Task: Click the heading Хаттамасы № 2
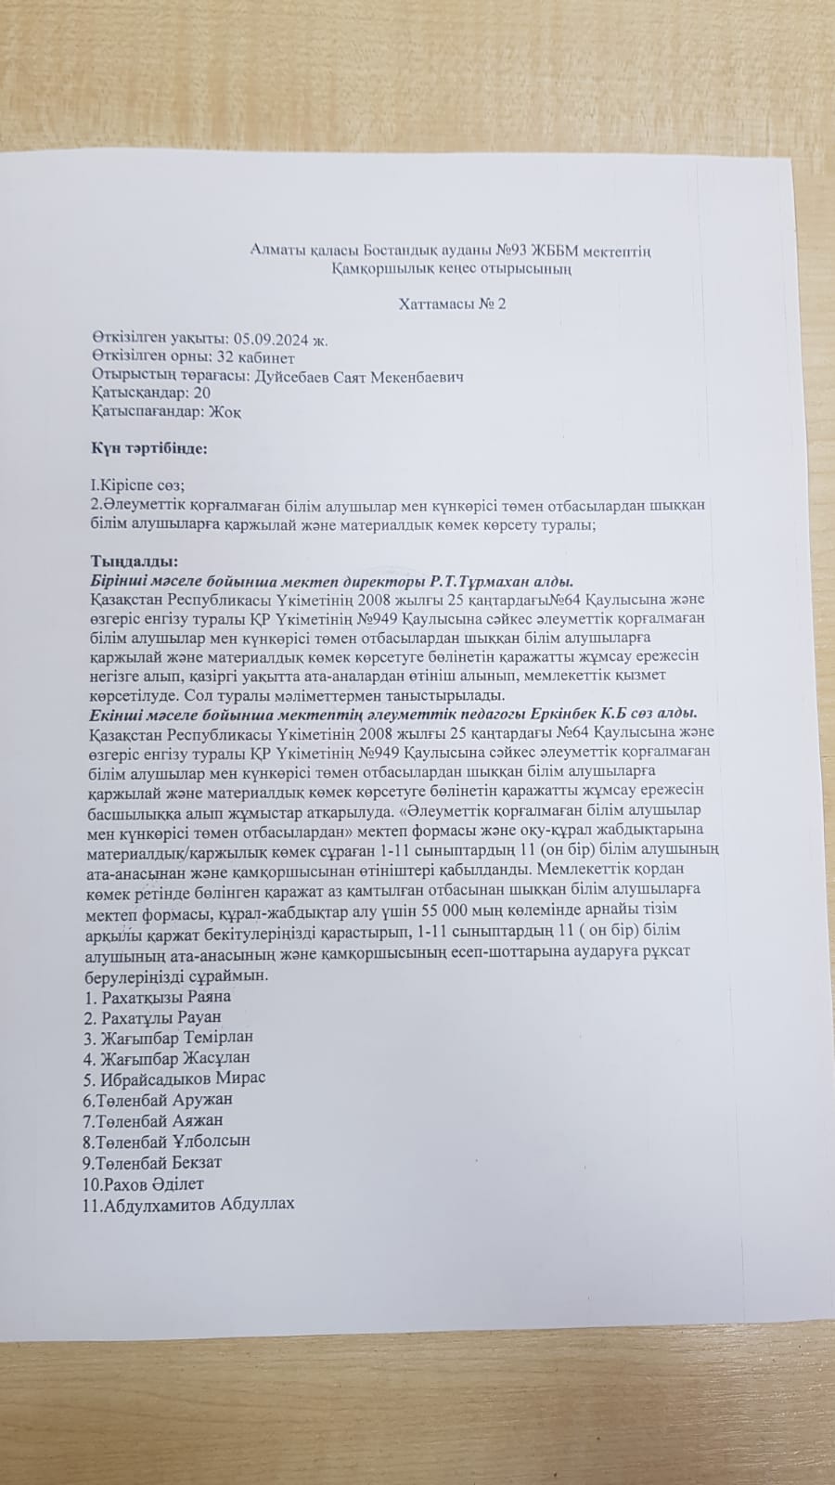point(452,303)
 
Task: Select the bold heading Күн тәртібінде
point(148,447)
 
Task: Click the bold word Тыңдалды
point(134,562)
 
